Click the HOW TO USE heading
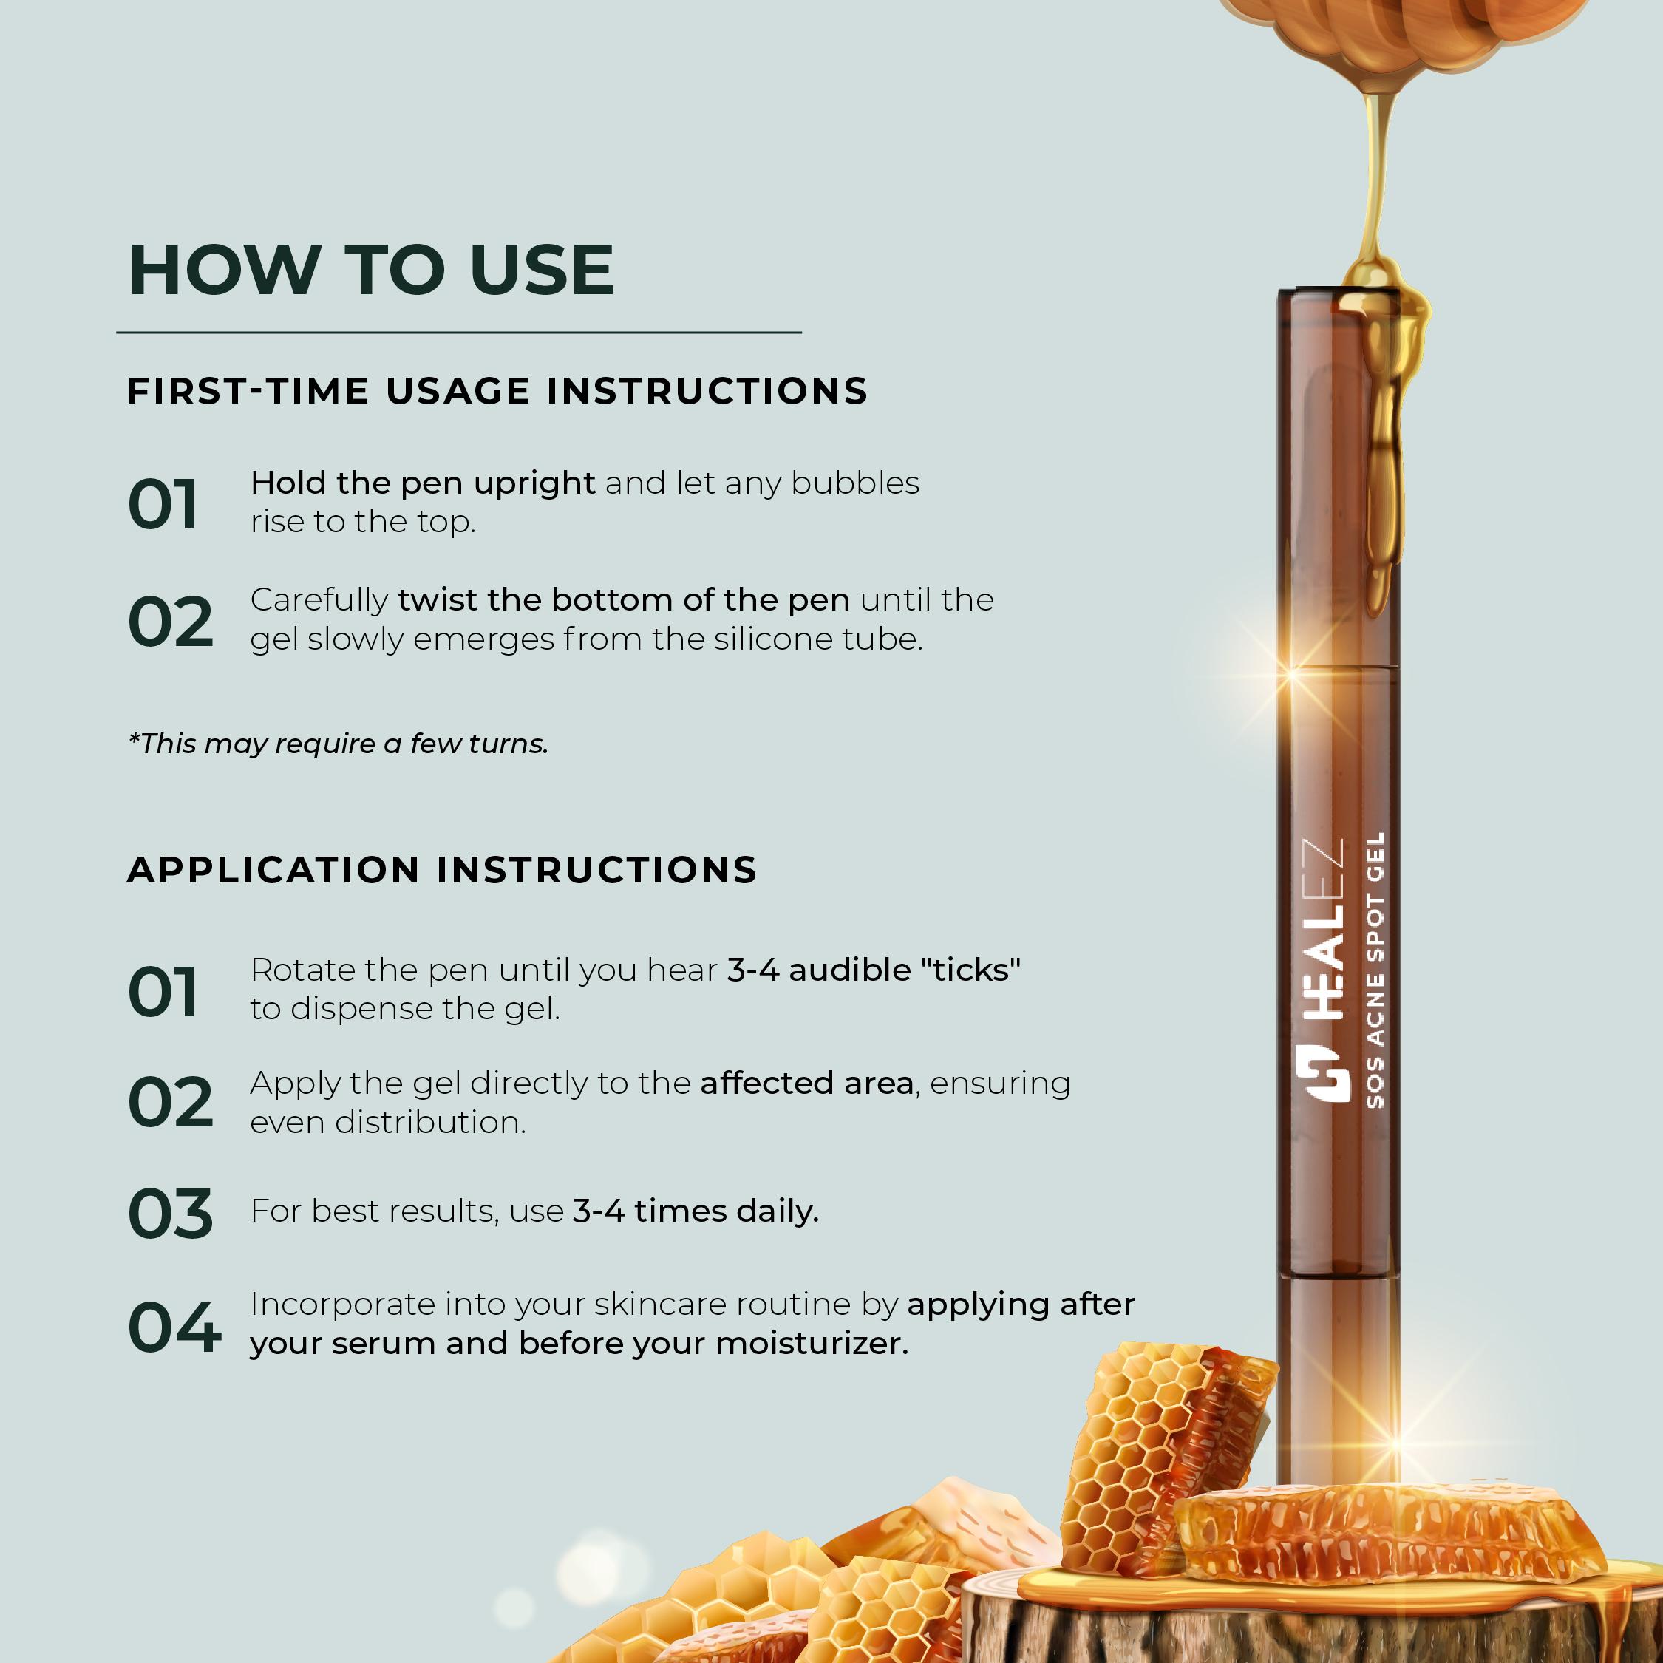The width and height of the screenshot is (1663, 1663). [x=371, y=271]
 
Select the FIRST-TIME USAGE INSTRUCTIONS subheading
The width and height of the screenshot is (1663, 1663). [x=497, y=391]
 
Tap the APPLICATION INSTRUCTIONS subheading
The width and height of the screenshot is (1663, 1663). [x=441, y=869]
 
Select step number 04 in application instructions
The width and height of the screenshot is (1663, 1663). [x=174, y=1327]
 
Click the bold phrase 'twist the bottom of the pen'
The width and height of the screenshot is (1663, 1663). [x=624, y=600]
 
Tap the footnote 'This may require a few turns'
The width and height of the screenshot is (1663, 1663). [x=339, y=744]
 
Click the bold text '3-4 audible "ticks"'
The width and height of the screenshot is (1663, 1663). [x=874, y=970]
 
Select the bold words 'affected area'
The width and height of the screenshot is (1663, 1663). [x=806, y=1083]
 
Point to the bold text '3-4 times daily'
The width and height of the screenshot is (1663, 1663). [x=696, y=1211]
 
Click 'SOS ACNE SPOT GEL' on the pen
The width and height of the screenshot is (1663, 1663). [x=1375, y=969]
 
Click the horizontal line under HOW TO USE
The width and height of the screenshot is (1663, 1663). [x=459, y=331]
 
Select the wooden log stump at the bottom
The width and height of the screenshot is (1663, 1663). [x=1308, y=1610]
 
